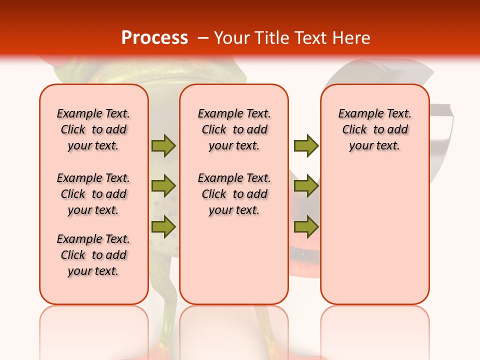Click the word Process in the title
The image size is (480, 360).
(154, 38)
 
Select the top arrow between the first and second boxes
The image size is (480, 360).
(163, 145)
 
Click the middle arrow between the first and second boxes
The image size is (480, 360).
(163, 186)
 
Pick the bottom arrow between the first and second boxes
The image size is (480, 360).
(163, 227)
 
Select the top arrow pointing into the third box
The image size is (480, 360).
(306, 145)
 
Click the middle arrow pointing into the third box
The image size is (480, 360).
(306, 186)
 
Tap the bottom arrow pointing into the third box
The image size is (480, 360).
(306, 227)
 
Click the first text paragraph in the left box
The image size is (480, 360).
(93, 129)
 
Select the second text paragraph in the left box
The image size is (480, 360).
(93, 194)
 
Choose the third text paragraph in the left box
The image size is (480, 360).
(93, 255)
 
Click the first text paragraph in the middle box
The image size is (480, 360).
(234, 129)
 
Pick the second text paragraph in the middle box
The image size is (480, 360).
(234, 194)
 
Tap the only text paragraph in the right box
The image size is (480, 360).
(374, 129)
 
